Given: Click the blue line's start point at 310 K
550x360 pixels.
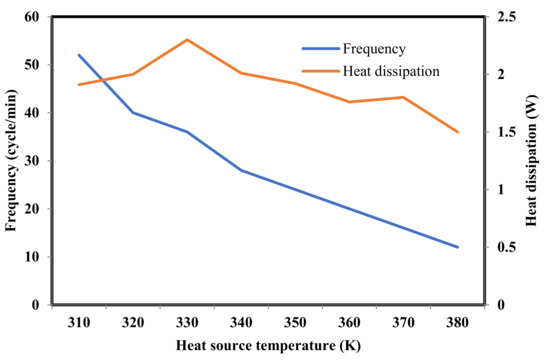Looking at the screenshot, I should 79,55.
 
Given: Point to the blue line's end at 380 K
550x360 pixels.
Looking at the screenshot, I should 458,247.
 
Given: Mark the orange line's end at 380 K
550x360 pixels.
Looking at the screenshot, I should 458,132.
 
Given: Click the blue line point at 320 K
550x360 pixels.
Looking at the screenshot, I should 133,112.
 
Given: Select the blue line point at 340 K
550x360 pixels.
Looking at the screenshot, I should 241,170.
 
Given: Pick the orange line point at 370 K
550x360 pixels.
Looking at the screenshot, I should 404,97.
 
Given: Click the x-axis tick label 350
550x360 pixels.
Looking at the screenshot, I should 295,324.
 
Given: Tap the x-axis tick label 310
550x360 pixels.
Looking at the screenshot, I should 79,324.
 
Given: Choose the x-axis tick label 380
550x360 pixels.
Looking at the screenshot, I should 458,324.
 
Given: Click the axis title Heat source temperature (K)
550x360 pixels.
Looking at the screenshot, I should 268,346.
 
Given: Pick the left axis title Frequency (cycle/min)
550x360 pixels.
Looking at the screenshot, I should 11,160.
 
